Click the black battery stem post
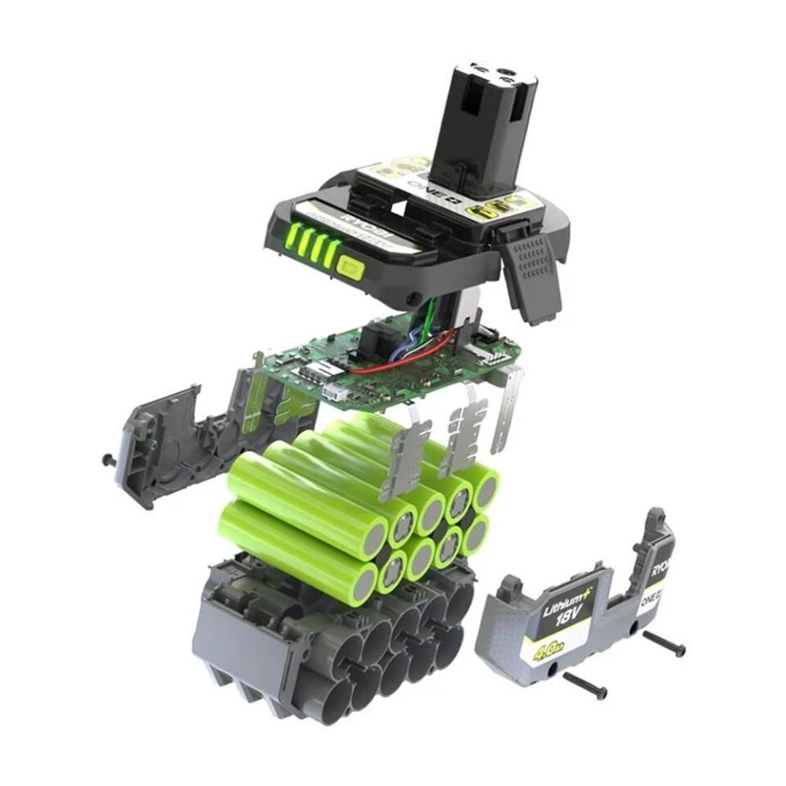coord(483,123)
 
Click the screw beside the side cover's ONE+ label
coord(664,644)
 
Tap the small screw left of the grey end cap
coord(108,459)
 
